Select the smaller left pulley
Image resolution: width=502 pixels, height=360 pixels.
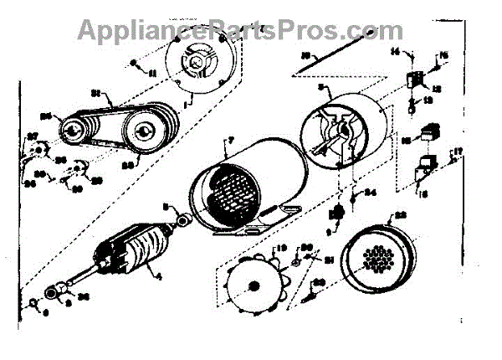[x=74, y=129]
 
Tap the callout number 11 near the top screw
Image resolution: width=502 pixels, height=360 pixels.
[x=153, y=74]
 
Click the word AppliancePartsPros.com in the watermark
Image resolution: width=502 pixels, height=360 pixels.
[x=240, y=30]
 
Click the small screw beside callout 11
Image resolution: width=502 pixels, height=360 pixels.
[x=135, y=64]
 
